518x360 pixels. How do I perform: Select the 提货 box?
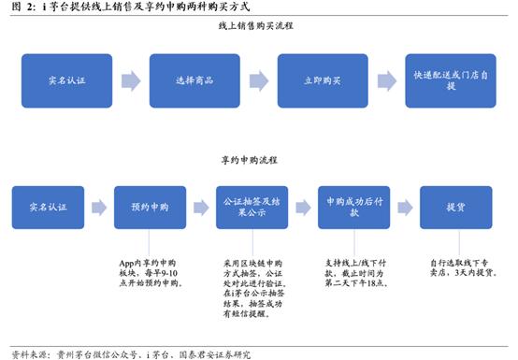coord(454,206)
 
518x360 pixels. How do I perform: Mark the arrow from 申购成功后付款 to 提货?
coord(404,206)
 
